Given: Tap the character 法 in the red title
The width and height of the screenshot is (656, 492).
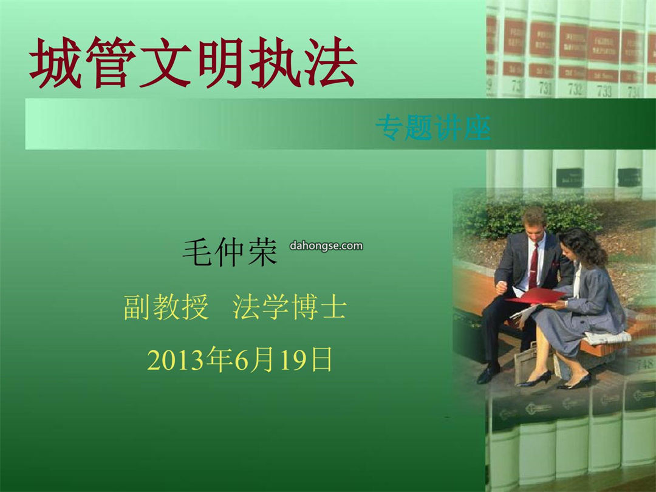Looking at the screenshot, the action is pyautogui.click(x=330, y=63).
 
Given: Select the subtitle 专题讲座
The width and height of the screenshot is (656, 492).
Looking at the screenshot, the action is pyautogui.click(x=433, y=127).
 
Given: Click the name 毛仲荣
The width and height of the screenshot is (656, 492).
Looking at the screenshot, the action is pyautogui.click(x=230, y=252).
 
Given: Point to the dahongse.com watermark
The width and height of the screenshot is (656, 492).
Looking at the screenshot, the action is pyautogui.click(x=326, y=245).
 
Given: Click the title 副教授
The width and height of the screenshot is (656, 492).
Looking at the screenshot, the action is pyautogui.click(x=166, y=307).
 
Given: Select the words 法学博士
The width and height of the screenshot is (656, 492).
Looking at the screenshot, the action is pyautogui.click(x=290, y=307).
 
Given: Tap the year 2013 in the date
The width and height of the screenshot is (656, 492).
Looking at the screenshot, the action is pyautogui.click(x=177, y=360).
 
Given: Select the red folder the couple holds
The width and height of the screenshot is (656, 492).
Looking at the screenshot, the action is pyautogui.click(x=536, y=295).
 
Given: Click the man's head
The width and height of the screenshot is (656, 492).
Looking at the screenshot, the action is pyautogui.click(x=534, y=222).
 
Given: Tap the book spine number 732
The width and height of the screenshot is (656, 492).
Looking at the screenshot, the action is pyautogui.click(x=575, y=89).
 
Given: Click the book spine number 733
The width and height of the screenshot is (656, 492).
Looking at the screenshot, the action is pyautogui.click(x=604, y=91).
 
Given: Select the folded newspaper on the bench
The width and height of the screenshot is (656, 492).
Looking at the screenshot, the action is pyautogui.click(x=607, y=337).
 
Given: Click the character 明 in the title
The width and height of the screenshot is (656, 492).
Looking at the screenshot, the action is pyautogui.click(x=220, y=63).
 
